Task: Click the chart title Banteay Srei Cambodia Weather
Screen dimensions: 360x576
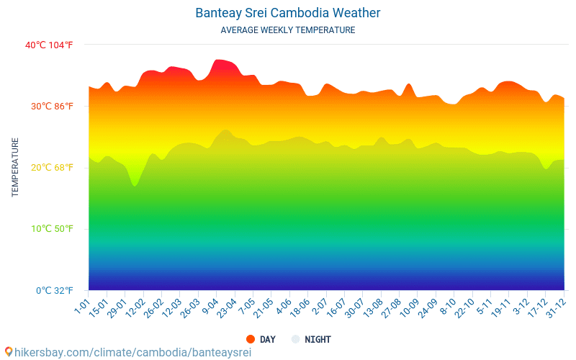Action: [287, 13]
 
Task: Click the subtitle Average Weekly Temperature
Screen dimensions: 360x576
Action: [287, 30]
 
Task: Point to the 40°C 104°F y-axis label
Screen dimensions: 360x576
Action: [49, 45]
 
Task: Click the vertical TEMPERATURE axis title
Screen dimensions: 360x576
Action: [15, 167]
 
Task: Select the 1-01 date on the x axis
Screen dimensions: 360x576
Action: [82, 307]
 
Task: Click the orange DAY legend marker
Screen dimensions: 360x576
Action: [251, 339]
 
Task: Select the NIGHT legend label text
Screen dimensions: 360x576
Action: [318, 339]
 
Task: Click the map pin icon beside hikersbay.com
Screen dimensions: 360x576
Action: [8, 351]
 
